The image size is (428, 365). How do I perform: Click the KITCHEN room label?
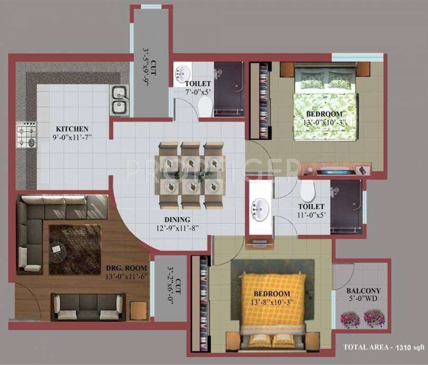pos(72,129)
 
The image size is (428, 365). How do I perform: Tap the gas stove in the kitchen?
pos(26,135)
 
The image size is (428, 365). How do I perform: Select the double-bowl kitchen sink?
pos(119,100)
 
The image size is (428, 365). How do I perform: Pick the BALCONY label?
pos(363,291)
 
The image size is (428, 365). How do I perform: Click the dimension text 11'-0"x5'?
pos(311,215)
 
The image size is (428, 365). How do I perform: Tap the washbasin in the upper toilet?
pos(182,73)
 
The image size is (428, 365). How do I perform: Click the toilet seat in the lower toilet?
pos(308,191)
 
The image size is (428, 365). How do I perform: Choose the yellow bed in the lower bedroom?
pos(273,299)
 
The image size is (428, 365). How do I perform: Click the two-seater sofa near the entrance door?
pos(88,307)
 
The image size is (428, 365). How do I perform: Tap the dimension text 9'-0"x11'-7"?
pos(72,137)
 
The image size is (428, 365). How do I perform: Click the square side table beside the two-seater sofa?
pos(139,310)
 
